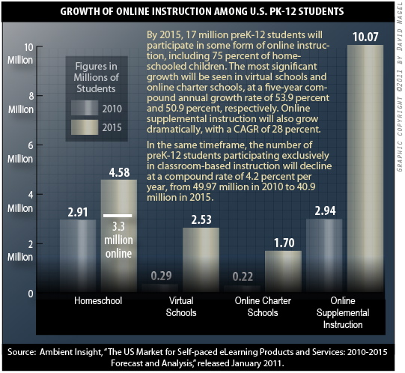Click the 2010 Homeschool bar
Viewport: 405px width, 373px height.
click(78, 255)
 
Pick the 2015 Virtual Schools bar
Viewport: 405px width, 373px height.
click(201, 258)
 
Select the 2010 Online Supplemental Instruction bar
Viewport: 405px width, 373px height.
click(323, 255)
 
